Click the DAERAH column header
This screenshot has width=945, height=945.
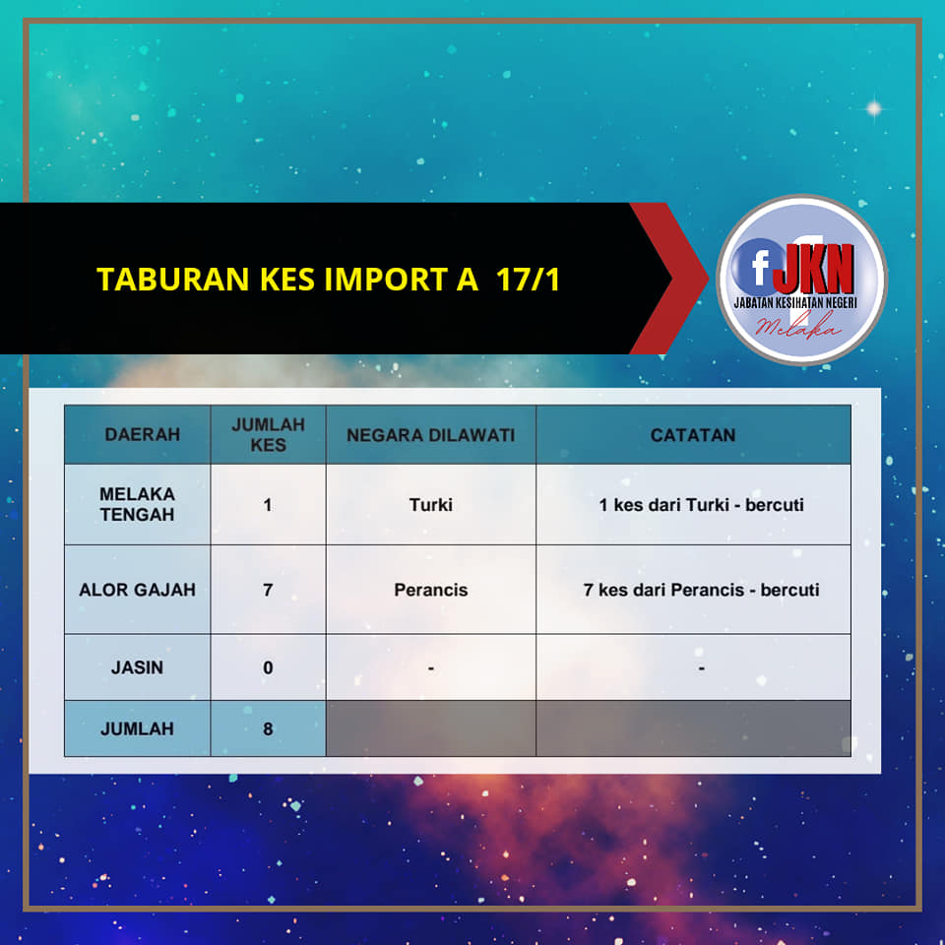(x=142, y=434)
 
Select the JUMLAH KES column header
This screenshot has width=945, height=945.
(x=268, y=434)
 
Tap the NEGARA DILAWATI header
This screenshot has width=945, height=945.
(x=431, y=435)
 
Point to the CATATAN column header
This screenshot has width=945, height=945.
(x=693, y=435)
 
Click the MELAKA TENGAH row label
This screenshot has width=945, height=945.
(x=138, y=504)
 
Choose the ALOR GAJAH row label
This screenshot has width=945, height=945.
(x=138, y=590)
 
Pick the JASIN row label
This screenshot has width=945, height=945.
(x=138, y=667)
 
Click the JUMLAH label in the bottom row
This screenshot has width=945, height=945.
(x=138, y=728)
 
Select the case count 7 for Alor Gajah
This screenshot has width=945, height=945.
(x=268, y=590)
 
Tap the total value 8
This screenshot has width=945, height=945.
(x=268, y=728)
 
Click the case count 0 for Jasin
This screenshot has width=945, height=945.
(x=268, y=667)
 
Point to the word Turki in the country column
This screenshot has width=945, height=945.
(x=431, y=504)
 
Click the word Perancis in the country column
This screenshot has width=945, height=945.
(x=431, y=590)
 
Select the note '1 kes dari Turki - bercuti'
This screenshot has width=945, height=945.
(x=702, y=504)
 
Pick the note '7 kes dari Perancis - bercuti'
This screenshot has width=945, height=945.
(x=702, y=590)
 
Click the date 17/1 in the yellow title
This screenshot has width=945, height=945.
(x=529, y=279)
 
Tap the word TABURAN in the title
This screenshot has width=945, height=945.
(x=173, y=279)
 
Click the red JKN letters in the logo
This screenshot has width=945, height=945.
(x=814, y=268)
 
